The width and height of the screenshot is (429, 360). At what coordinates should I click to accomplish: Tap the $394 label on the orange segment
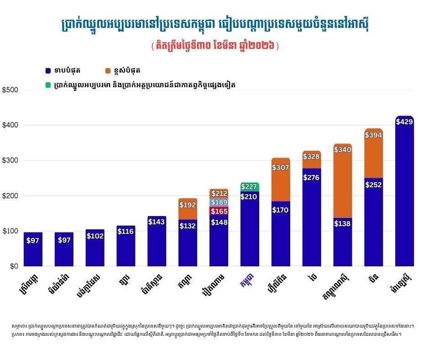click(373, 135)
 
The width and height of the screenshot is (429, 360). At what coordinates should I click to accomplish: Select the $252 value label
click(373, 185)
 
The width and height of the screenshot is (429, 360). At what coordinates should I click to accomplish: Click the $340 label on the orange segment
click(342, 149)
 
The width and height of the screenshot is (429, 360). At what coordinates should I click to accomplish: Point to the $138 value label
click(342, 224)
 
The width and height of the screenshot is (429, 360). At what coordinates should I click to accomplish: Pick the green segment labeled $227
click(250, 186)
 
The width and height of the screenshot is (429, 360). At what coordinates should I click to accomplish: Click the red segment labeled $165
click(219, 211)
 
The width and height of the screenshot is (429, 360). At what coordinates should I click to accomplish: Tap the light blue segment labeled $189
click(219, 202)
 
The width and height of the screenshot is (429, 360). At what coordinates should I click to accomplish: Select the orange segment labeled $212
click(219, 193)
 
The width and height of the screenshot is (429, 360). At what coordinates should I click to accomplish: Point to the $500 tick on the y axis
click(10, 90)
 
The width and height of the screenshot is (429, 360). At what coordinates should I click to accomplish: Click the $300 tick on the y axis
click(10, 161)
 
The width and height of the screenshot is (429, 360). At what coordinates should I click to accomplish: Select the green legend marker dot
click(48, 85)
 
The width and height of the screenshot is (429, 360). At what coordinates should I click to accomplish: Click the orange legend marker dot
click(108, 71)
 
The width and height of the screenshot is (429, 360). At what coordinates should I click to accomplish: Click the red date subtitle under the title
click(214, 47)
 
